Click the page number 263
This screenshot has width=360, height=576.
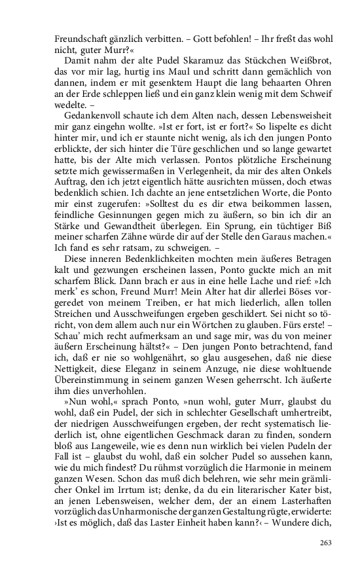325,542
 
